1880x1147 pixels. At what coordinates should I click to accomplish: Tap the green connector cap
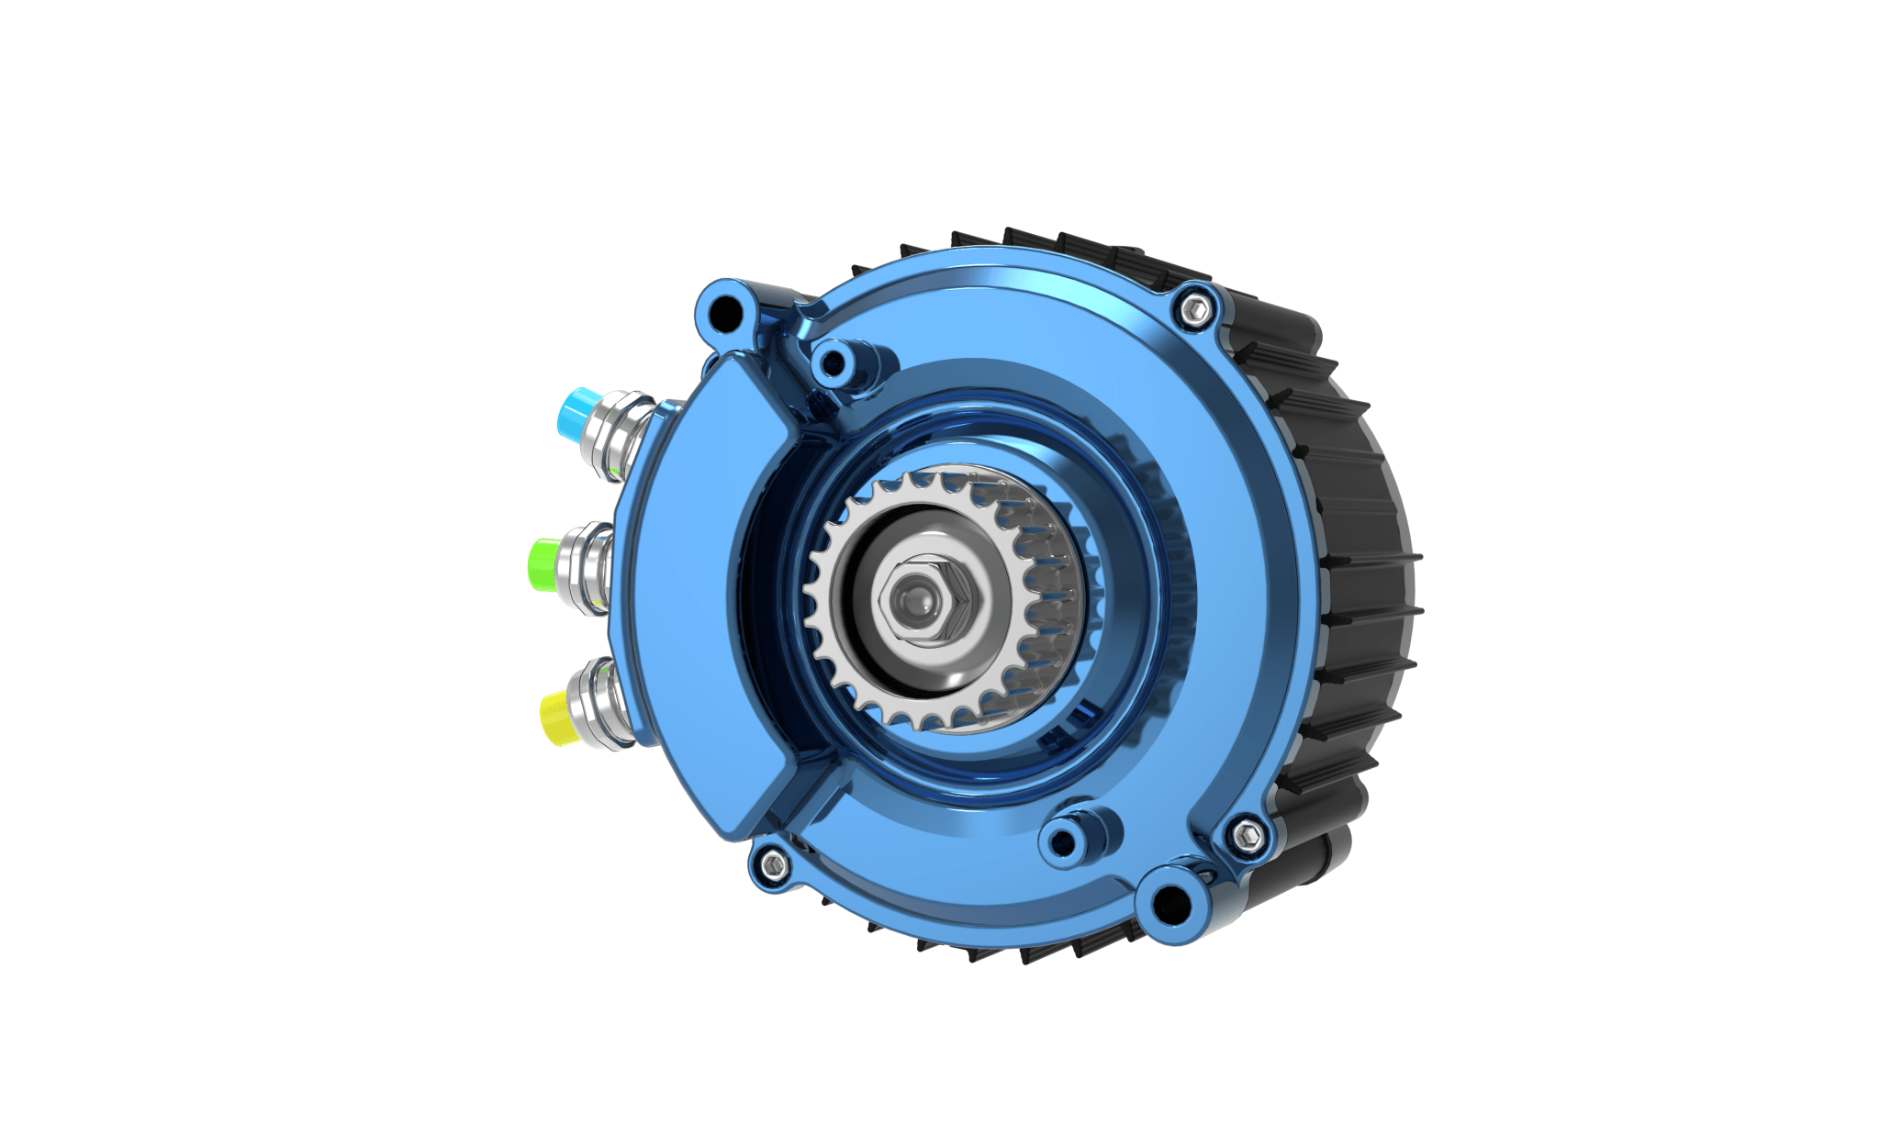coord(543,562)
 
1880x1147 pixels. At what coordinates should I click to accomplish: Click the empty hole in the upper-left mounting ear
coord(727,312)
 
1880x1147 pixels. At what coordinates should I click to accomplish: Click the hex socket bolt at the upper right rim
coord(1194,310)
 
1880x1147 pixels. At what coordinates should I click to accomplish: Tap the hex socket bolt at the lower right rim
coord(1245,835)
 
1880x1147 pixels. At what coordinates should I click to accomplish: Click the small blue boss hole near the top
coord(833,365)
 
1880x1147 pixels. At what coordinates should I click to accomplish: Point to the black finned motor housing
coord(1359,569)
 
